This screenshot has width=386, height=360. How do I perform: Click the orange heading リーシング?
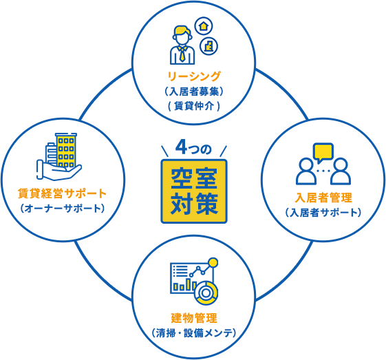(194, 76)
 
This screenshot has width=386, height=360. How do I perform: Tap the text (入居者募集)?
(194, 92)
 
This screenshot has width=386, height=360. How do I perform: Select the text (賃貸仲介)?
(194, 107)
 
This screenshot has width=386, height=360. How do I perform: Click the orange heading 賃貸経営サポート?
(62, 193)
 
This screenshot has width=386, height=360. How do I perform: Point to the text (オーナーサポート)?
(63, 209)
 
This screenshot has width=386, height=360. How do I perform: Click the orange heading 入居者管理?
(323, 198)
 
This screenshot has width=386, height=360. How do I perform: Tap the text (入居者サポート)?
(323, 213)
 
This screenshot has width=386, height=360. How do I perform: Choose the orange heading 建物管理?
(194, 318)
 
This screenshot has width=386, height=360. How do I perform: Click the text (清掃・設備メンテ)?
(194, 333)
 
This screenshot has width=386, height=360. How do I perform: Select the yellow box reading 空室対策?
(194, 191)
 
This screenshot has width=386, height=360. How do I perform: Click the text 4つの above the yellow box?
(193, 148)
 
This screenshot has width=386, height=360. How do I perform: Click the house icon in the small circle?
(204, 26)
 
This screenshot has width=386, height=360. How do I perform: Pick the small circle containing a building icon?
(208, 46)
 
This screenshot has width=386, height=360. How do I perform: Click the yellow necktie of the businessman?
(182, 54)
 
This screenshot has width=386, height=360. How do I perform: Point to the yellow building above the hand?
(66, 149)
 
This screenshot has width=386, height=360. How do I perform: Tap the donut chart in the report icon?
(206, 293)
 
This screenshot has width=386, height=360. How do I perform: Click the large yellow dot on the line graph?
(213, 263)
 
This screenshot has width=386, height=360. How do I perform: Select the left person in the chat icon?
(306, 171)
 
